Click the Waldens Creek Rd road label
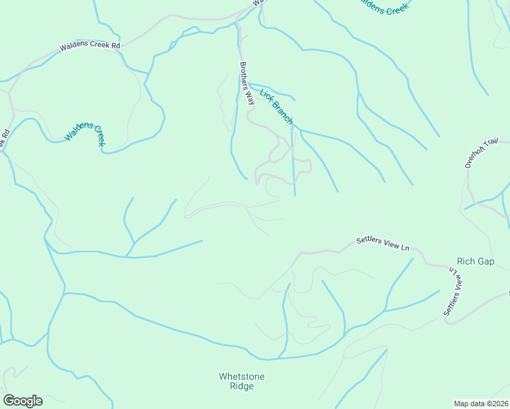coord(90,46)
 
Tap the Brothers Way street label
coord(246,83)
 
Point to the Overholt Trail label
coord(477,153)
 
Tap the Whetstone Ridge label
coord(241,381)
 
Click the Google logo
coord(22,401)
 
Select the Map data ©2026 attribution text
coord(481,404)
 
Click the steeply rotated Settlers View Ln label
coord(455,292)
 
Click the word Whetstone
coord(241,376)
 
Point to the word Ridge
coord(241,387)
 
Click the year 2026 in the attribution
coord(499,404)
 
